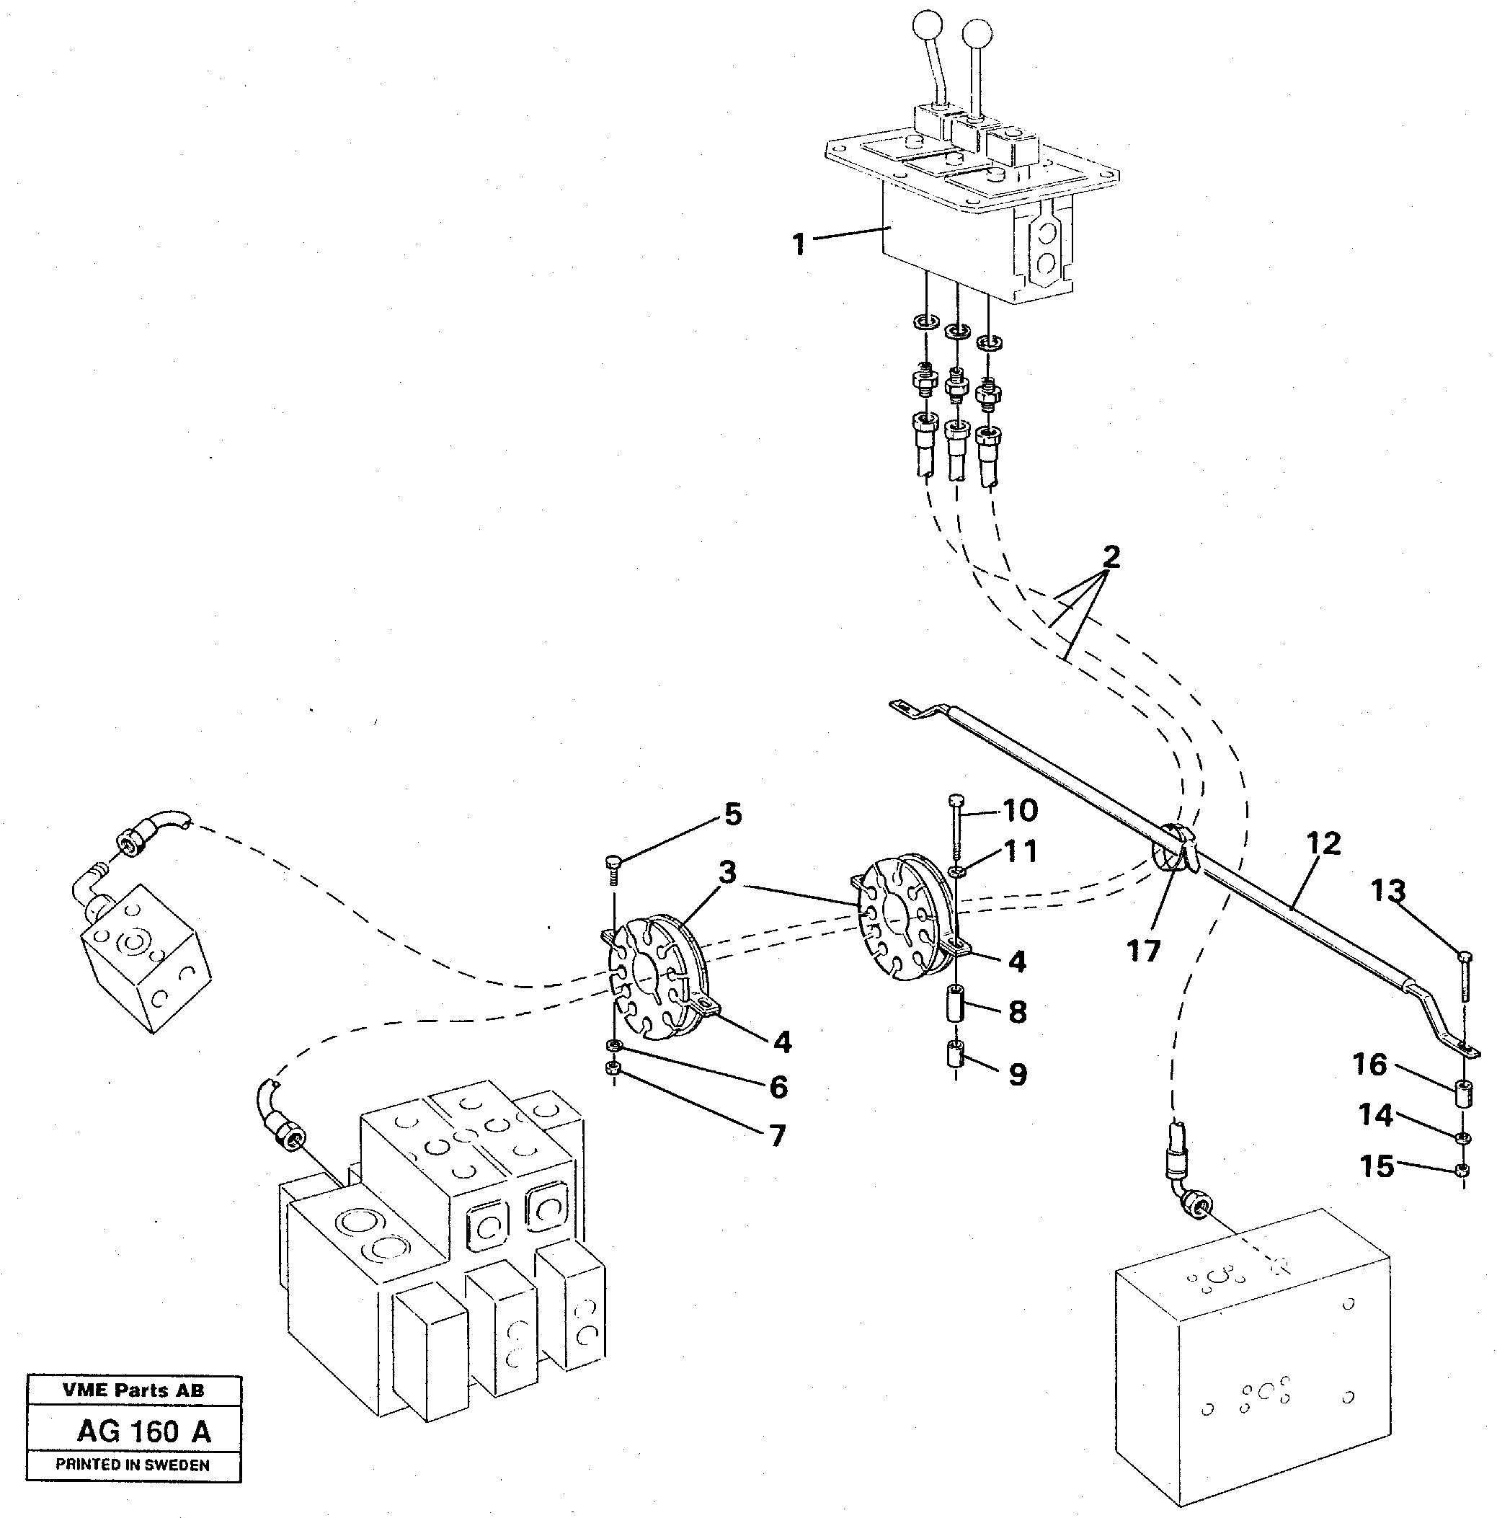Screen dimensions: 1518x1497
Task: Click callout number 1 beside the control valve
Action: tap(799, 244)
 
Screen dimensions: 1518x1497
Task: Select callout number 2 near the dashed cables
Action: tap(1111, 557)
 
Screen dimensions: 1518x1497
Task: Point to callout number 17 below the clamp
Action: tap(1143, 951)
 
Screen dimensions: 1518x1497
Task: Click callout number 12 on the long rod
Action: tap(1323, 843)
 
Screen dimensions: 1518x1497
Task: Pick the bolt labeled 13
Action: tap(1464, 975)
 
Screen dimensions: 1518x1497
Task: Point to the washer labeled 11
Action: tap(956, 871)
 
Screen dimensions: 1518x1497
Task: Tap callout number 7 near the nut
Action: tap(777, 1135)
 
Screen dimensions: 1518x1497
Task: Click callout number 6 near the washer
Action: tap(778, 1087)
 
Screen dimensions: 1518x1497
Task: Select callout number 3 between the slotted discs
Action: tap(727, 872)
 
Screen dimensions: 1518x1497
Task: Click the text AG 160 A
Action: tap(144, 1432)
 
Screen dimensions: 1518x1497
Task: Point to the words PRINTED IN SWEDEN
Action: tap(132, 1465)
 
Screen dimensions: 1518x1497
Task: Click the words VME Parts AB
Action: tap(133, 1390)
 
